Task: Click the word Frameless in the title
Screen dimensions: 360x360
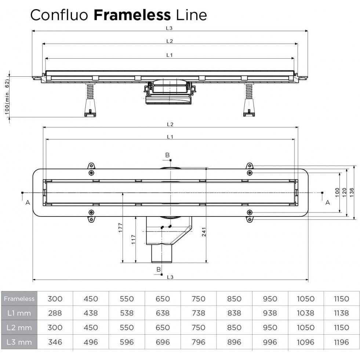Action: [132, 15]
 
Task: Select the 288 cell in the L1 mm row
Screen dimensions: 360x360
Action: [55, 313]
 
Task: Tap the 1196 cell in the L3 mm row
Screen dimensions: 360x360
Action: [342, 342]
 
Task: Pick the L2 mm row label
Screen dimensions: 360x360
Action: [19, 328]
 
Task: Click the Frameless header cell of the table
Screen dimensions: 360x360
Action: [19, 299]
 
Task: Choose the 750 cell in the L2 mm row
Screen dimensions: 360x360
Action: [198, 328]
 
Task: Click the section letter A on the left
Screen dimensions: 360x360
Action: [28, 202]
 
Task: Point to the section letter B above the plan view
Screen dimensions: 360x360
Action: [167, 155]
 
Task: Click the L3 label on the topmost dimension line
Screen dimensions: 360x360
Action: [169, 28]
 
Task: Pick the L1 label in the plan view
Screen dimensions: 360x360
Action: [169, 137]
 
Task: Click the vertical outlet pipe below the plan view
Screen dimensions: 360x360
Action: [162, 253]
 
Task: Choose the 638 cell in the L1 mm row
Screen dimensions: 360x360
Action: [163, 313]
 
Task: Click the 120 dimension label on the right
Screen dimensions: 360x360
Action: [344, 191]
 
